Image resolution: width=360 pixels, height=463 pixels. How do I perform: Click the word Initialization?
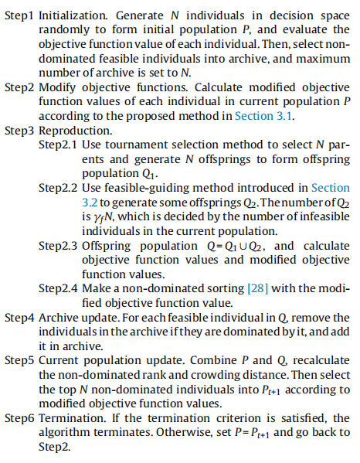click(x=70, y=15)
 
